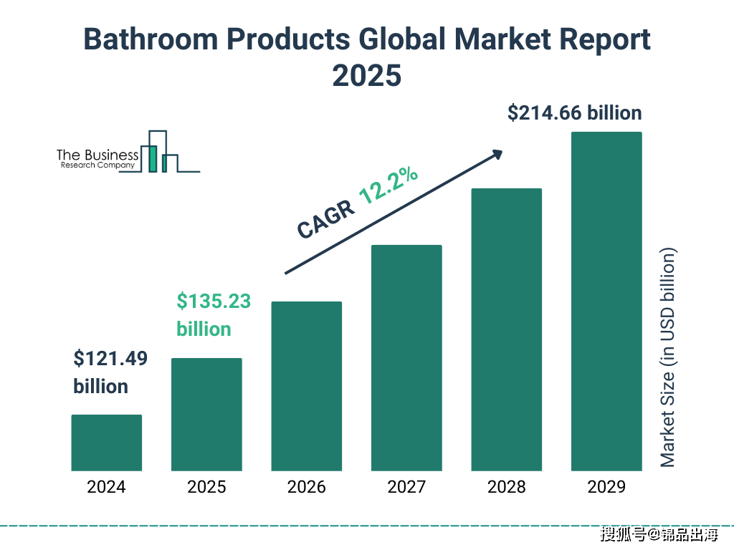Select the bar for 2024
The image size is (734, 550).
pos(106,443)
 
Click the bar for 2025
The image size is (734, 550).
pos(206,414)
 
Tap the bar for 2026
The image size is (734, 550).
pos(306,386)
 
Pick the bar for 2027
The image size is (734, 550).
pos(406,358)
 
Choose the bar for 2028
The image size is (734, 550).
pos(506,329)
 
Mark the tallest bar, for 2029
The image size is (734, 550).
pos(606,301)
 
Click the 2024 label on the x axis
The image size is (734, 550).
pos(106,487)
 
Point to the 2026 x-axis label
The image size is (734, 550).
pos(306,487)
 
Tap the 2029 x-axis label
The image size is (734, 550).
pos(606,487)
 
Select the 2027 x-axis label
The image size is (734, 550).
pos(406,487)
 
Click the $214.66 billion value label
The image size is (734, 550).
pos(574,113)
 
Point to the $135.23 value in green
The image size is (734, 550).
pos(214,301)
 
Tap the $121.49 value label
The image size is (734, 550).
pos(110,359)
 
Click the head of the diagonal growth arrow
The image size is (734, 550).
pos(497,153)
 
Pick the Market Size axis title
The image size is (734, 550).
pos(668,357)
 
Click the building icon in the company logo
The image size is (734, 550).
pos(160,153)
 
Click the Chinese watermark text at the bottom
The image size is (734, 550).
pos(659,534)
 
